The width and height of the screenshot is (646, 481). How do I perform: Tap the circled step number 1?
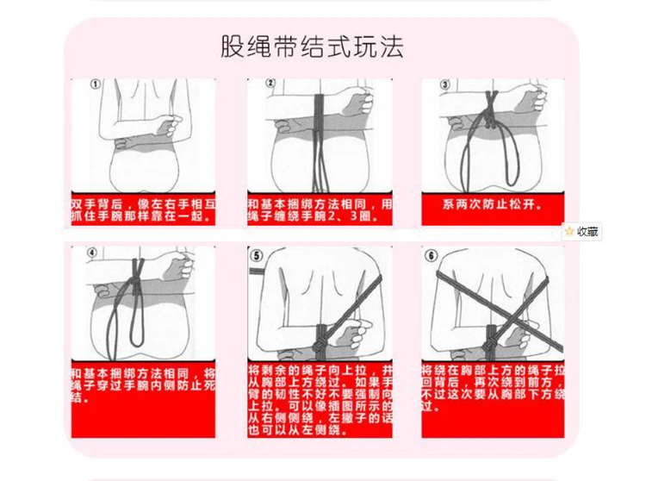95,84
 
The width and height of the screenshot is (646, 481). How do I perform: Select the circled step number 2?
270,84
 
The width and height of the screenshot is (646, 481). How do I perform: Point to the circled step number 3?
444,84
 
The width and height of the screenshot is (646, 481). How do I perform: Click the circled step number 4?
92,253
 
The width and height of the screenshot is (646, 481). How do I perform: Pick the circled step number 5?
256,255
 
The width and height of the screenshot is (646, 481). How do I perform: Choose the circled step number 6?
431,255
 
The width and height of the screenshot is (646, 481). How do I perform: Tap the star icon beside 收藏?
569,231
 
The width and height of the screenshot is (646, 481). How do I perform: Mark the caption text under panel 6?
492,381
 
